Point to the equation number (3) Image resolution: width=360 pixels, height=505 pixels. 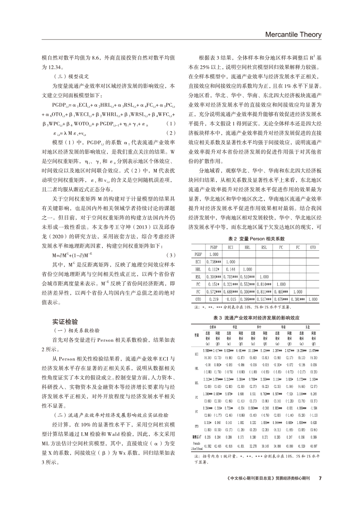point(172,255)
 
